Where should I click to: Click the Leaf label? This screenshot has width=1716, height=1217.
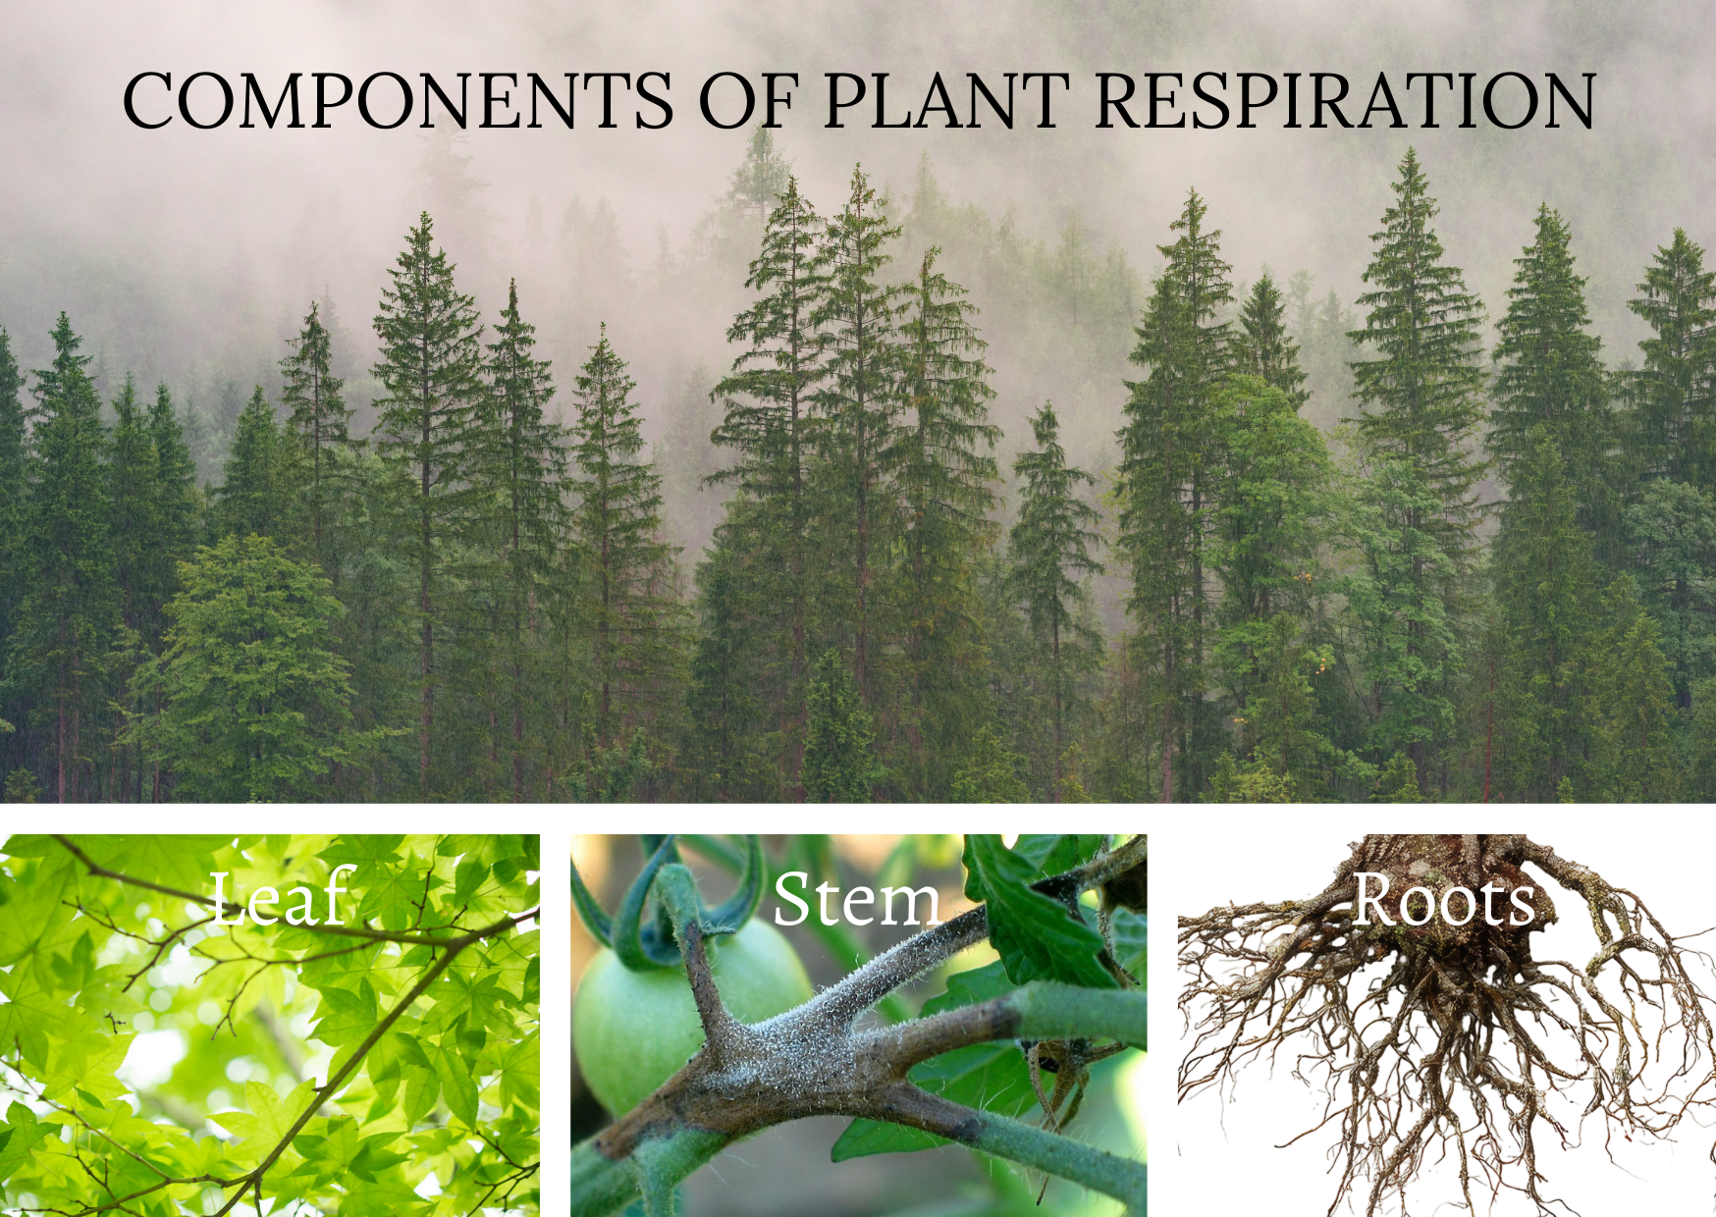click(281, 898)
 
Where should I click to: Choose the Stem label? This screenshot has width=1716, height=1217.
click(856, 900)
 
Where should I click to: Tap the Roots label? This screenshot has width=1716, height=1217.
click(1443, 900)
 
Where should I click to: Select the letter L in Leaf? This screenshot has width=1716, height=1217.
click(228, 898)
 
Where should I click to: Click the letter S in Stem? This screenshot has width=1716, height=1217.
click(793, 898)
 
